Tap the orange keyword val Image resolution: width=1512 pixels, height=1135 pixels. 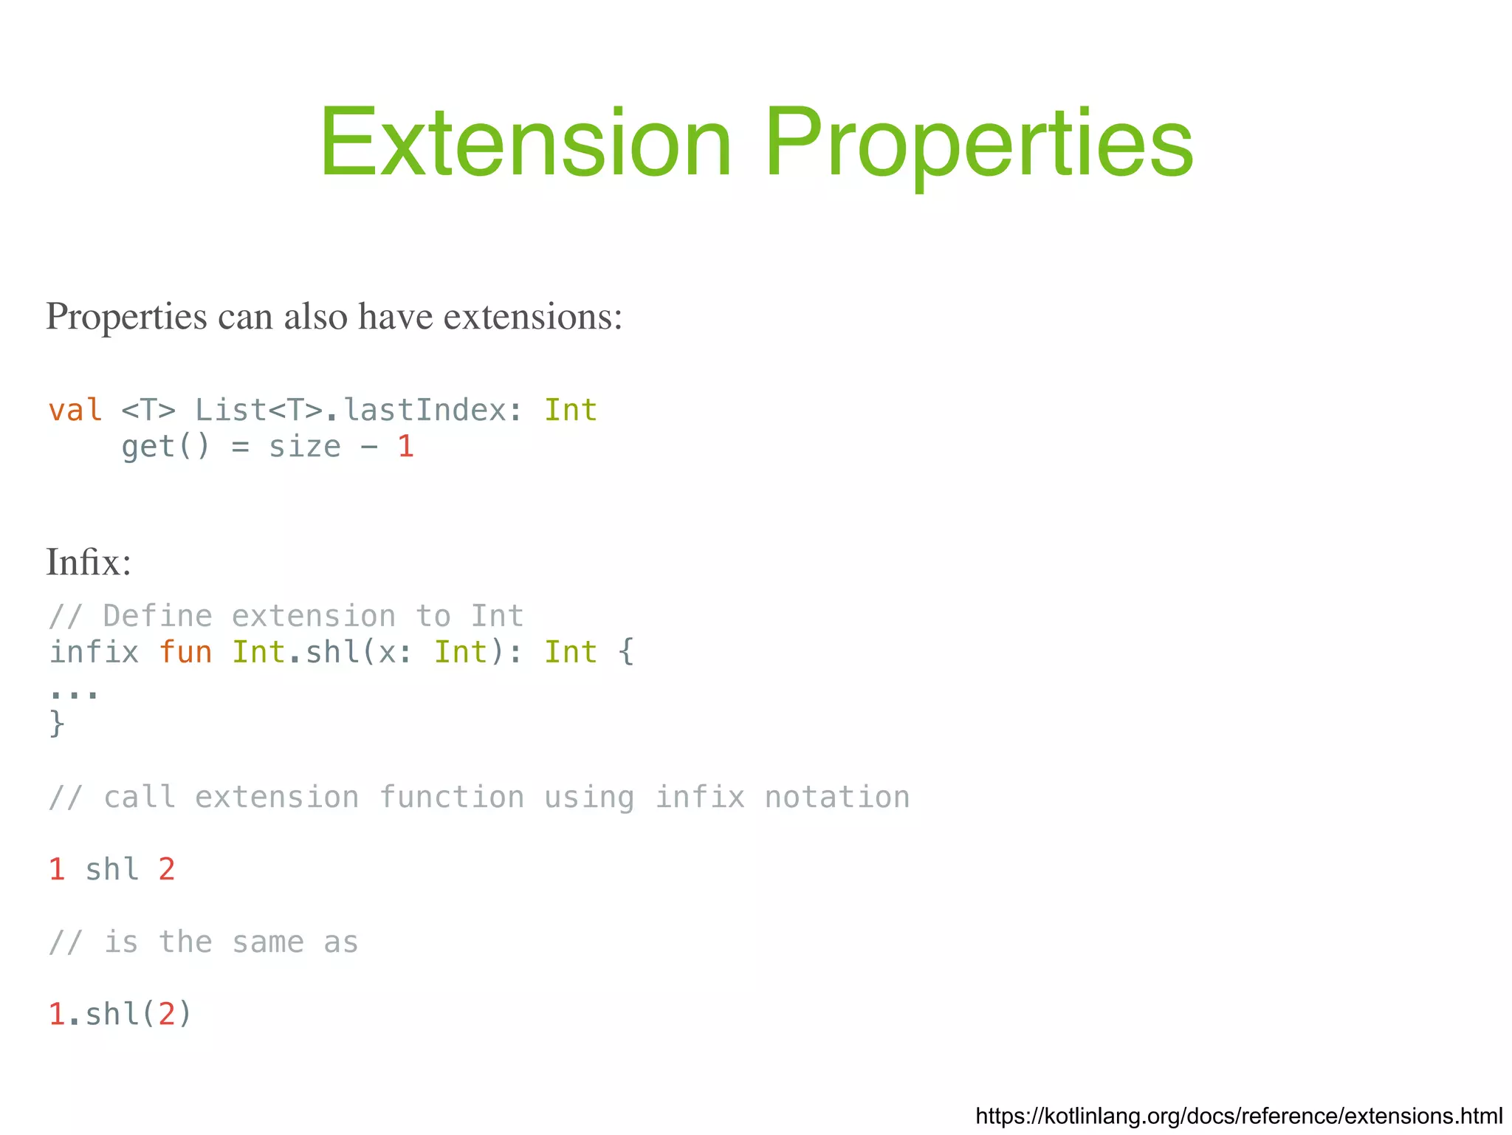[75, 410]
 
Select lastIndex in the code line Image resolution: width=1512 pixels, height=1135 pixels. [425, 410]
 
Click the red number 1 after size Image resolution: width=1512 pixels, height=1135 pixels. [405, 446]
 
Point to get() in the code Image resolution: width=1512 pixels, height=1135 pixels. [165, 446]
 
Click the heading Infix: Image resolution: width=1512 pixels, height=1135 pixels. [89, 563]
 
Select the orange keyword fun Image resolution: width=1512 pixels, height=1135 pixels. [185, 652]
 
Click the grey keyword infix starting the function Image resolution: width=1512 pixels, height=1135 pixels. [94, 652]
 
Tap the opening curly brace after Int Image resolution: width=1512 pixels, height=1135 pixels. [626, 652]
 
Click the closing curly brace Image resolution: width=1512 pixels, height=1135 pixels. [57, 723]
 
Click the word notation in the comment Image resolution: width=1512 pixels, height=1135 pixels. [836, 798]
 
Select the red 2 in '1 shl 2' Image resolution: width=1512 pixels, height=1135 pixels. [167, 869]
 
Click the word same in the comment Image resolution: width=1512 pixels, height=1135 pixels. [268, 942]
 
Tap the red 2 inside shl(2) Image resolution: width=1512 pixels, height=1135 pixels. [167, 1014]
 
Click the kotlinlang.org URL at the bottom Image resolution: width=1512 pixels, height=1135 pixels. [1238, 1115]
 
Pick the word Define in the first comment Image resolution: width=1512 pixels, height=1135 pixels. [157, 616]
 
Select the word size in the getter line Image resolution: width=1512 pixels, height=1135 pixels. [304, 446]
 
